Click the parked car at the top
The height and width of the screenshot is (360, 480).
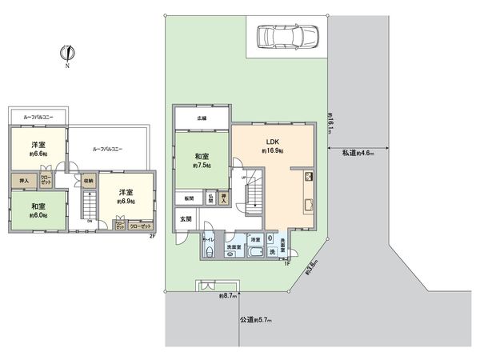(286, 35)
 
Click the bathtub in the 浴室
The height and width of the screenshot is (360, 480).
(256, 253)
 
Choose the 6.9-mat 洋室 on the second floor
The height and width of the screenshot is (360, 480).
(125, 197)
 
